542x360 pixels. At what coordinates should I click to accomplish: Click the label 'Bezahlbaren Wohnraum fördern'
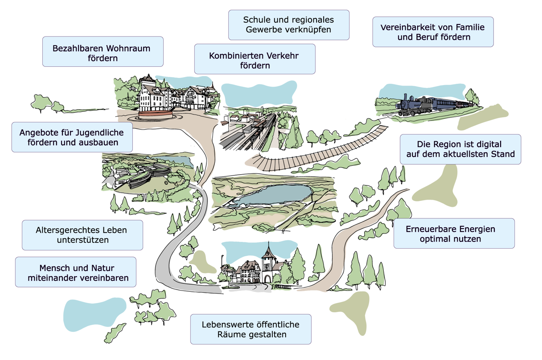pos(103,52)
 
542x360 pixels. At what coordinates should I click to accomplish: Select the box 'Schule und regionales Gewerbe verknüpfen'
pos(288,25)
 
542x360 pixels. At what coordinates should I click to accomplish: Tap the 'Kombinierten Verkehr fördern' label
pos(255,59)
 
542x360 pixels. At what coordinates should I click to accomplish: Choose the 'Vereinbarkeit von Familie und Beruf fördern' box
pos(433,32)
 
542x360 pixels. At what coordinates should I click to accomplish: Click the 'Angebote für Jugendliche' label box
pos(72,137)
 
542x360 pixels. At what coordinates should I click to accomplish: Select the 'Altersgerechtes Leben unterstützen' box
pos(82,235)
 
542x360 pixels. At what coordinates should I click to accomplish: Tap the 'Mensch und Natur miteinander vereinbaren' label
pos(76,272)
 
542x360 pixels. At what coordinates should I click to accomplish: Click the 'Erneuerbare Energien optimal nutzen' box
pos(454,233)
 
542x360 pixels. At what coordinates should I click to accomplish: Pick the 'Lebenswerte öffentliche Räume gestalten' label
pos(250,329)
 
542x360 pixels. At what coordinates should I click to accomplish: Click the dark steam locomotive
pos(414,105)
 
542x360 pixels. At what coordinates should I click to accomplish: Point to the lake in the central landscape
pos(273,195)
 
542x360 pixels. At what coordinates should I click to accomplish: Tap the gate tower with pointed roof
pos(268,263)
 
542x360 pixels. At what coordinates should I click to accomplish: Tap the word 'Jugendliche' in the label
pos(99,132)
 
